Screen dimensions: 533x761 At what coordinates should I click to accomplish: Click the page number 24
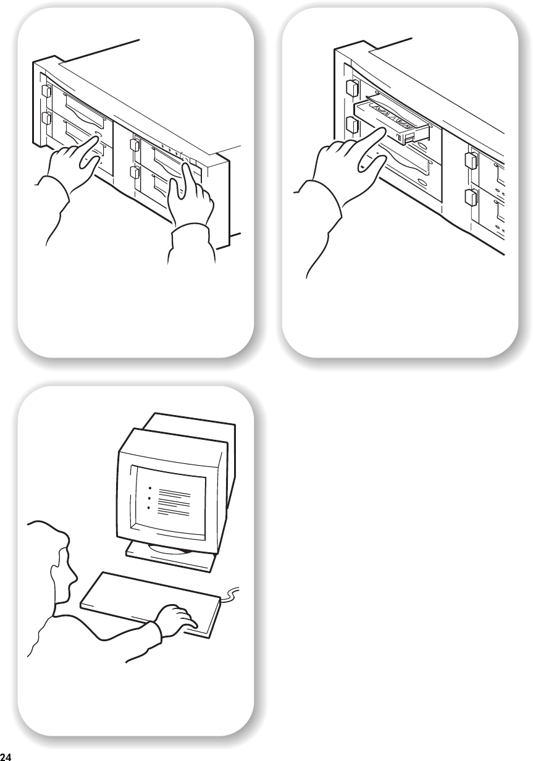[6, 757]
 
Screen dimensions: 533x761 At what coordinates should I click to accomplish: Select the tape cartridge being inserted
[392, 119]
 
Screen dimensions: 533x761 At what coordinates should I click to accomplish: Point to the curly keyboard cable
[230, 593]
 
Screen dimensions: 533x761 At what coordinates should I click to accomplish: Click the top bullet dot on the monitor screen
[149, 488]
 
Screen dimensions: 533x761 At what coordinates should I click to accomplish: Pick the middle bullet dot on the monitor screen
[149, 498]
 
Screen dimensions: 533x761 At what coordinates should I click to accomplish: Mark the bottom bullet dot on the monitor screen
[149, 508]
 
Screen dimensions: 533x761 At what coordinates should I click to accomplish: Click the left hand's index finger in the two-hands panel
[89, 151]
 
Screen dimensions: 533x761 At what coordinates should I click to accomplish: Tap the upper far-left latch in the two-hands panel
[46, 91]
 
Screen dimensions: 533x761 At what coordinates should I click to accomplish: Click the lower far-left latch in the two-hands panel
[46, 119]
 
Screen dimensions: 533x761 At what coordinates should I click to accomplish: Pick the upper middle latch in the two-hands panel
[135, 145]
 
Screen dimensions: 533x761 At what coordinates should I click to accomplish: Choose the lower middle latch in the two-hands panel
[135, 172]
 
